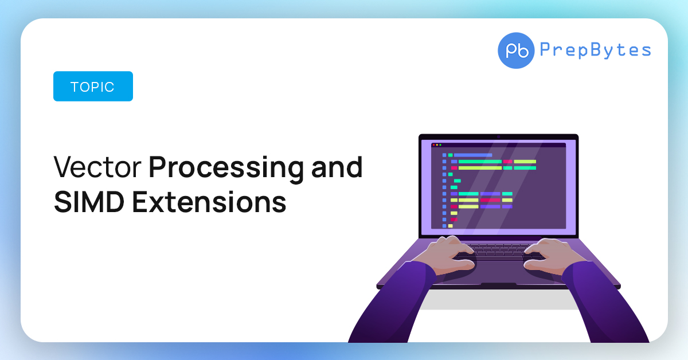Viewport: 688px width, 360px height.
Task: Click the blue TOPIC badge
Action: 93,87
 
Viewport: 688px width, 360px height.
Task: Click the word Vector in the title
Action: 97,167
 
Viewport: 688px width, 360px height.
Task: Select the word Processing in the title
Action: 226,170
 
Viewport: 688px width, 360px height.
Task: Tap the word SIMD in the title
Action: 89,202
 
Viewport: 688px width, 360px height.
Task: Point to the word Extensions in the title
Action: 209,202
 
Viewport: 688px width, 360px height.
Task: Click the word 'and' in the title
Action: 337,167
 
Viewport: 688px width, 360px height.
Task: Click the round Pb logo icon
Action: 516,50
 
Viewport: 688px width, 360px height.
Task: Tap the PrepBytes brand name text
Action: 596,50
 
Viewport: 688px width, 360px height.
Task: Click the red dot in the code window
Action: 433,145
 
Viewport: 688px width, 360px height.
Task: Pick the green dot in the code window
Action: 440,145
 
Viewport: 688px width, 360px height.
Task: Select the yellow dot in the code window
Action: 437,145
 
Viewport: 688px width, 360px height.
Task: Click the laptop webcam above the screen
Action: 498,137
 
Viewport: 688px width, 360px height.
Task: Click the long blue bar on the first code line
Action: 473,155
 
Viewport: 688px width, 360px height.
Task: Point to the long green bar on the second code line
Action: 480,162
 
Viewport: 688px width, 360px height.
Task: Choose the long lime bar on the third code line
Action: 480,168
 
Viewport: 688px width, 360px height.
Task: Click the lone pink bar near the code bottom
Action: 454,220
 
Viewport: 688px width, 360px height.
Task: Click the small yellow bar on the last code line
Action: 450,226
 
